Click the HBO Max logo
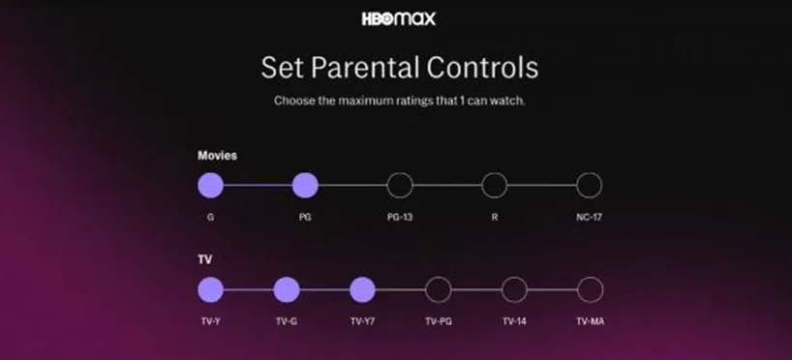click(399, 19)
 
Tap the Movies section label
click(217, 156)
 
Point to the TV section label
click(204, 259)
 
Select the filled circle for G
click(211, 185)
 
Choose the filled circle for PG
click(305, 185)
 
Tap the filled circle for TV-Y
click(211, 289)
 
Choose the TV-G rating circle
click(287, 289)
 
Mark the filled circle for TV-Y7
click(362, 289)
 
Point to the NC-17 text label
click(589, 217)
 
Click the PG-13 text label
click(400, 217)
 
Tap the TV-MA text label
click(591, 321)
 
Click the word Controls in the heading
click(482, 67)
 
